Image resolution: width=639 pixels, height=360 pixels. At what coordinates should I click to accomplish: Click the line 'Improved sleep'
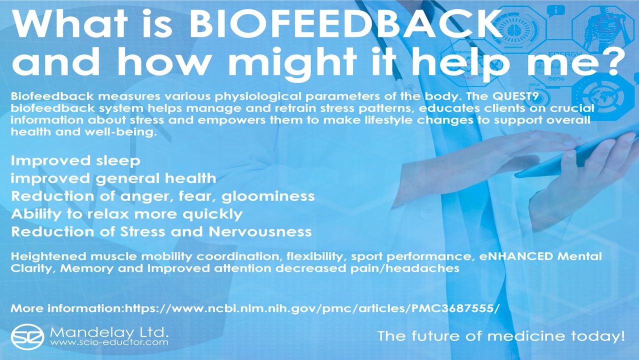75,160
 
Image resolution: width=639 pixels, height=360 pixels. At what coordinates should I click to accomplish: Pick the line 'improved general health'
113,178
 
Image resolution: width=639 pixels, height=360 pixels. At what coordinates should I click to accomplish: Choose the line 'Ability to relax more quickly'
126,214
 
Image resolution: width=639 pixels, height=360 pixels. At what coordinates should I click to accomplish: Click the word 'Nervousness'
260,231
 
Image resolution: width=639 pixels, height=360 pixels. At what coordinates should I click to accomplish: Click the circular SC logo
28,336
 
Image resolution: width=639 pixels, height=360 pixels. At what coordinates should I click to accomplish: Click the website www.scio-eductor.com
109,343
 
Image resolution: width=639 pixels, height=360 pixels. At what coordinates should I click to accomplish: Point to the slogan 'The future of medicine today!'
501,336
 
